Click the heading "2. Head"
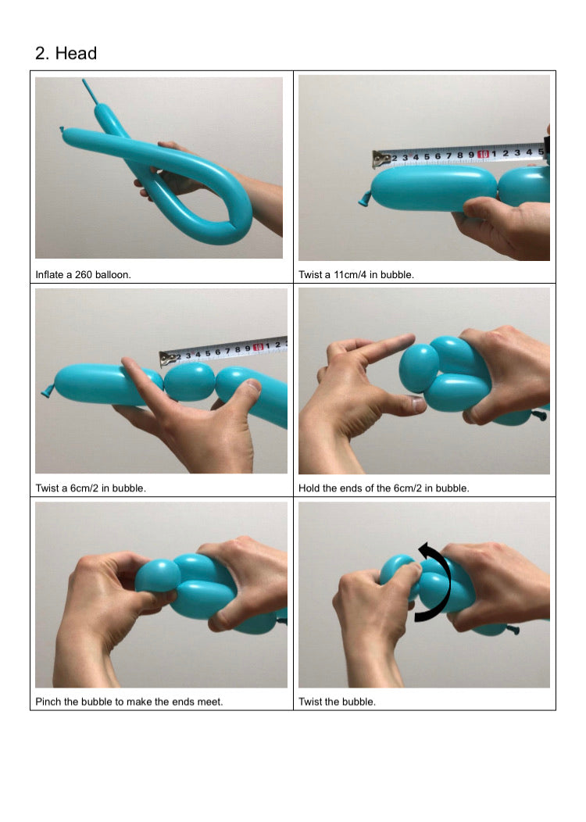tap(66, 53)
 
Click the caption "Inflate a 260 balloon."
tap(83, 275)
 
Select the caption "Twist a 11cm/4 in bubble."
tap(356, 275)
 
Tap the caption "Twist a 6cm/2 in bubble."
tap(91, 488)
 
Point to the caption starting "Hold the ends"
tap(384, 488)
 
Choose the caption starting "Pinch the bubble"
tap(129, 702)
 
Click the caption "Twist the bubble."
tap(337, 702)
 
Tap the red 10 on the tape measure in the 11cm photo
tap(483, 154)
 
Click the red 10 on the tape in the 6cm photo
tap(258, 347)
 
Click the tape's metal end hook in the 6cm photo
tap(168, 358)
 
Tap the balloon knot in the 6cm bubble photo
tap(48, 391)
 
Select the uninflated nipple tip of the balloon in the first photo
tap(87, 91)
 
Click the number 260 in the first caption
tap(84, 275)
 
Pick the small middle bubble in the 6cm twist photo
tap(190, 381)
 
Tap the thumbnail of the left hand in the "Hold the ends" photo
tap(418, 404)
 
